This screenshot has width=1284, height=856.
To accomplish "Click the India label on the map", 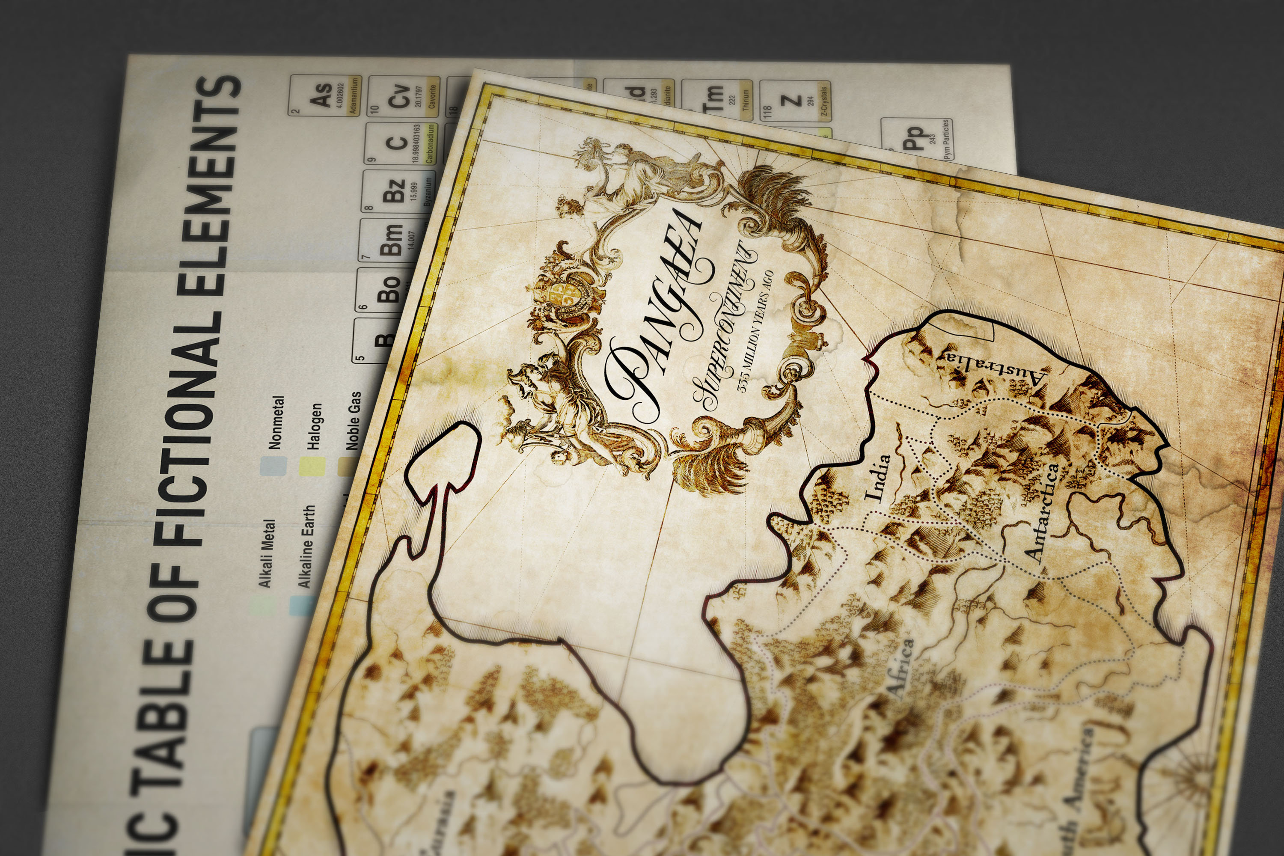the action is point(878,478).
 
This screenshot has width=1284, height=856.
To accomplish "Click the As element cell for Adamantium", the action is point(325,95).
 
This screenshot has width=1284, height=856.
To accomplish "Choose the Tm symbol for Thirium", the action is point(715,98).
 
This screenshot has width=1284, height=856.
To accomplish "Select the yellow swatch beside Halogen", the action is point(312,467).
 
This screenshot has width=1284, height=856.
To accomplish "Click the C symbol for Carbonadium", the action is point(396,143).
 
